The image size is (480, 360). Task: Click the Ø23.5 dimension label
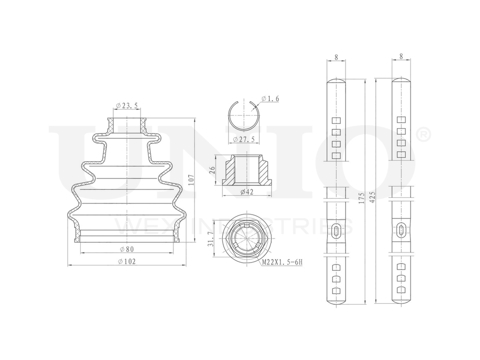[x=127, y=106]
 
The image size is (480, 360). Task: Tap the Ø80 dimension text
[x=127, y=249]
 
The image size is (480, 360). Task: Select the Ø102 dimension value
[x=126, y=262]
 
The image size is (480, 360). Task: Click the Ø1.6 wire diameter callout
[x=270, y=98]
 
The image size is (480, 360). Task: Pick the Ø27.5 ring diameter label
[x=244, y=139]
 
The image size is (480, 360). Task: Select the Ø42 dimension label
[x=247, y=192]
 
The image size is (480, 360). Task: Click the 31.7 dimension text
[x=210, y=239]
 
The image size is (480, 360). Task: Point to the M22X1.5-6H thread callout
[x=282, y=262]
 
